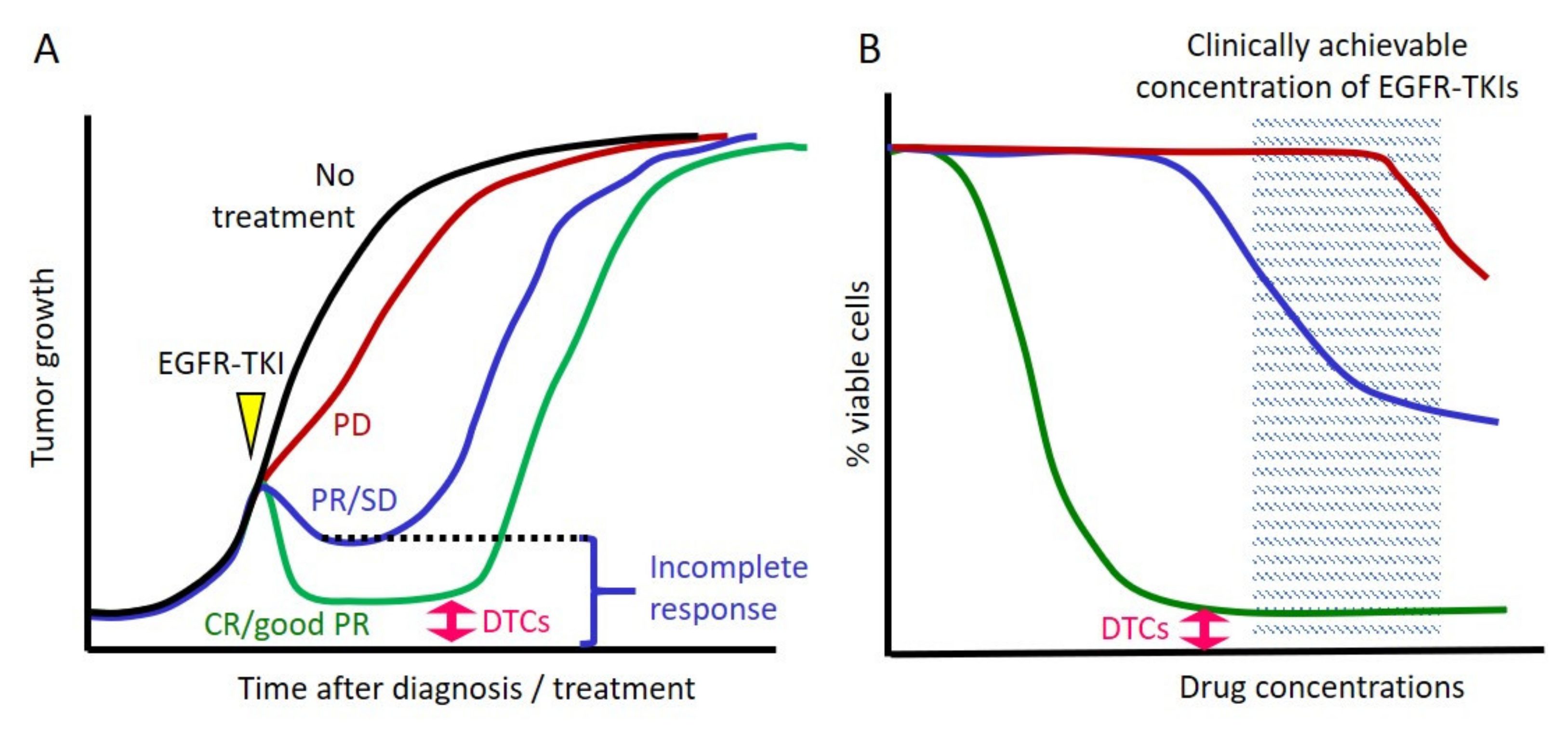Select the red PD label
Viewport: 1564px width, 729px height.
click(352, 425)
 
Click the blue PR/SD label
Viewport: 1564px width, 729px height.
click(354, 500)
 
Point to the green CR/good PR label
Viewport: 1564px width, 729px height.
click(287, 624)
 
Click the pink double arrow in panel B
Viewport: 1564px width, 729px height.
click(1204, 629)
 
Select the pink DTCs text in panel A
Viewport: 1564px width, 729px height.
click(516, 621)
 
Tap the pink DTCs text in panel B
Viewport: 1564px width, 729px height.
click(1134, 629)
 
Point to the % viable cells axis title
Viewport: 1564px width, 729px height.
click(859, 374)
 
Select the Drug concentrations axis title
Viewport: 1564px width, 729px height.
click(1321, 688)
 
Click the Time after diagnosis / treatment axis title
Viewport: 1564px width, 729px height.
click(466, 689)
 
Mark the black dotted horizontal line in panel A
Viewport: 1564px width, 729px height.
click(455, 538)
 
